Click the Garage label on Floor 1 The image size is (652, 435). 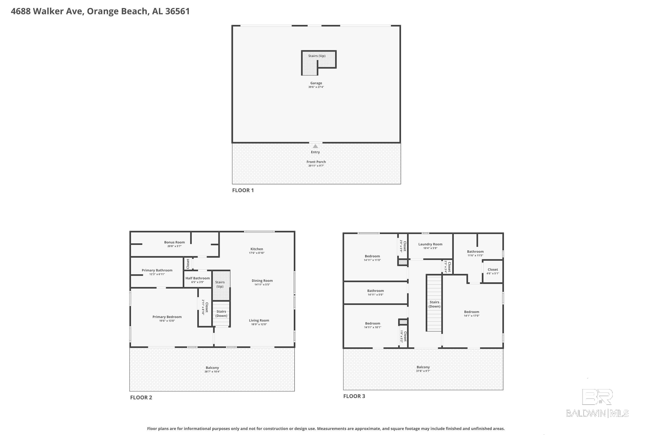(316, 83)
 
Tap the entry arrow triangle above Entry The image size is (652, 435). (315, 146)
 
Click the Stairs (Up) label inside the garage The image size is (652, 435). (317, 56)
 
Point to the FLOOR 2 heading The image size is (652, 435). (141, 397)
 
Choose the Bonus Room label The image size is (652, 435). (174, 242)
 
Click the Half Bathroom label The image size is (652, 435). (197, 278)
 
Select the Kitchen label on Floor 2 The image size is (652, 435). (257, 249)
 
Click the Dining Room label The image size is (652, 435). (262, 281)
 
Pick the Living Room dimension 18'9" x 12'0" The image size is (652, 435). (259, 324)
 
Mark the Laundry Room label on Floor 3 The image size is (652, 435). (430, 244)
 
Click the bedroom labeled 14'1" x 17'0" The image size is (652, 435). (472, 313)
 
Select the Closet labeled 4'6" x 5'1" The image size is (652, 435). (493, 271)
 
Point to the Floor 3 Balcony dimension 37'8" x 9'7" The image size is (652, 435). (423, 371)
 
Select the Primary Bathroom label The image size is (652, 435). (157, 270)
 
